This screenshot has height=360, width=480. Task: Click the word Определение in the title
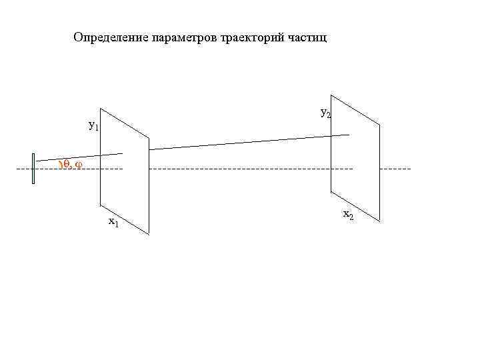point(106,37)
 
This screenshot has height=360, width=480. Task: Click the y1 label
point(93,125)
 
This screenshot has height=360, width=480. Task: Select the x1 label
point(113,222)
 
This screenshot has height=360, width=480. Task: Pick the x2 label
point(347,214)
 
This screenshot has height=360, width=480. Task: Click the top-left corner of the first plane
point(101,108)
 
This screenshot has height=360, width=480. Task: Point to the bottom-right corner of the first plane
point(149,233)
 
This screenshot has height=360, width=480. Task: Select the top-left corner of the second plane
point(331,96)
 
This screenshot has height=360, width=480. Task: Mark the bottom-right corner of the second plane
point(380,221)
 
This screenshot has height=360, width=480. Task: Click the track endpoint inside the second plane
point(349,135)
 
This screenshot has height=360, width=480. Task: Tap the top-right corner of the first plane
point(149,139)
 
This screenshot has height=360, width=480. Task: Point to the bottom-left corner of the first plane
point(101,203)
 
